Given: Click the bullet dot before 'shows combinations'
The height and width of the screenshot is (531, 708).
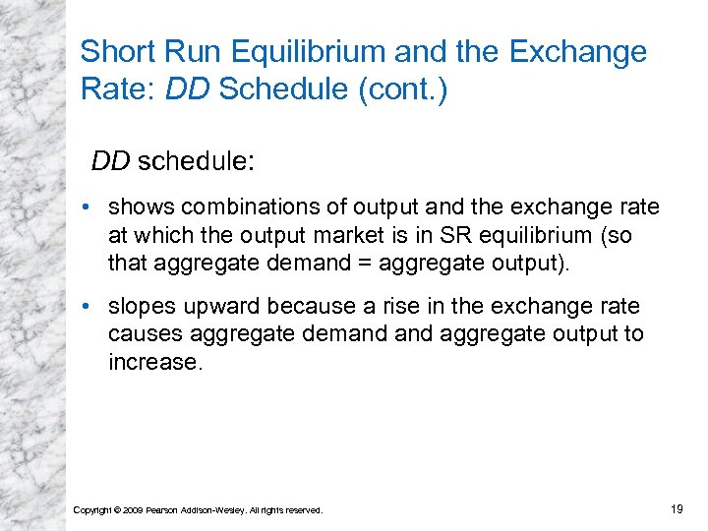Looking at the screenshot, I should click(x=88, y=208).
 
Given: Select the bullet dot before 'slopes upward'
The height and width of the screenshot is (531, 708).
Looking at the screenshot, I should click(x=88, y=306).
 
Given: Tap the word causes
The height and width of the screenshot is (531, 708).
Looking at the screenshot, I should click(x=142, y=333).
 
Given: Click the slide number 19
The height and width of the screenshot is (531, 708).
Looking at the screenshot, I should click(x=676, y=508).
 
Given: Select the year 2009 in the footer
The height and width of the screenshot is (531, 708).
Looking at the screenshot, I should click(x=131, y=509).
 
